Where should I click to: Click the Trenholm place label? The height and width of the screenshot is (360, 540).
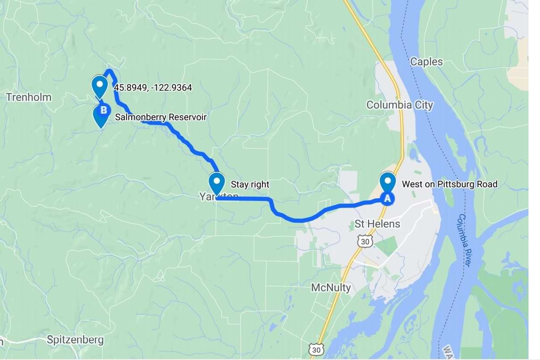[29, 97]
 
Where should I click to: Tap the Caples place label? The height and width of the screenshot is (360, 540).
[426, 62]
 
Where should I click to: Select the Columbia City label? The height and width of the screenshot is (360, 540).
[399, 105]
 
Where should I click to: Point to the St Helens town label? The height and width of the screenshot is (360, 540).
[377, 224]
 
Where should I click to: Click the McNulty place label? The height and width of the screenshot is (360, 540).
[331, 288]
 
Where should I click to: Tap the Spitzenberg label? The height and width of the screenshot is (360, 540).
[75, 340]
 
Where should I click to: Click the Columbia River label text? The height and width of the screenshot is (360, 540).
[465, 240]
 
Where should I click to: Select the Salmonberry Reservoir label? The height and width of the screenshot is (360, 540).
[161, 117]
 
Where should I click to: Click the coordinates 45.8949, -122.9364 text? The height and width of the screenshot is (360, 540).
[153, 88]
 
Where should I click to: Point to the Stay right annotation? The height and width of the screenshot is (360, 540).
[250, 184]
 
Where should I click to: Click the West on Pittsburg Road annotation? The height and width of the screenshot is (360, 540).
[449, 184]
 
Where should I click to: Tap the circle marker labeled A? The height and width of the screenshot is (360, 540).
[387, 199]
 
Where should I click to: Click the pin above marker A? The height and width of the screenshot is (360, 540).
[387, 181]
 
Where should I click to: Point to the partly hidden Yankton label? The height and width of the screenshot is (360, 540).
[219, 197]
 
